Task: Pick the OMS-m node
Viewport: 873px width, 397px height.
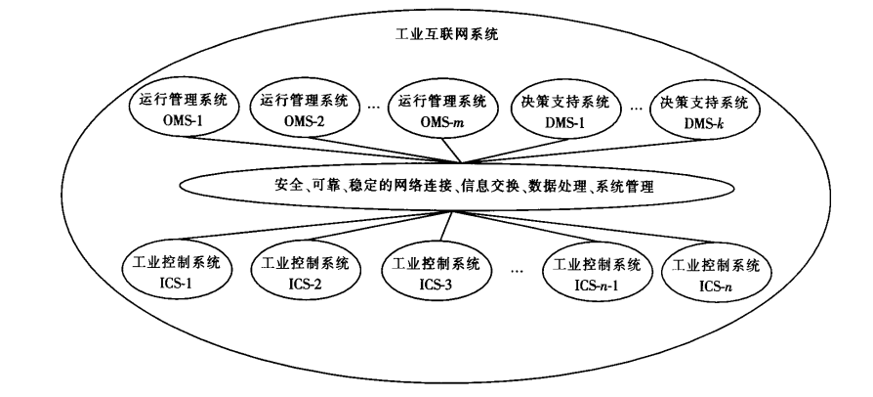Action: (x=442, y=112)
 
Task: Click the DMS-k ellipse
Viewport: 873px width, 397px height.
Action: (x=703, y=112)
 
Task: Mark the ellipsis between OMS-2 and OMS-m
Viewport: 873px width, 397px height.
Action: (x=373, y=108)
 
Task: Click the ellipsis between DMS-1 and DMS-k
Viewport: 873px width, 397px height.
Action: (x=636, y=108)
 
